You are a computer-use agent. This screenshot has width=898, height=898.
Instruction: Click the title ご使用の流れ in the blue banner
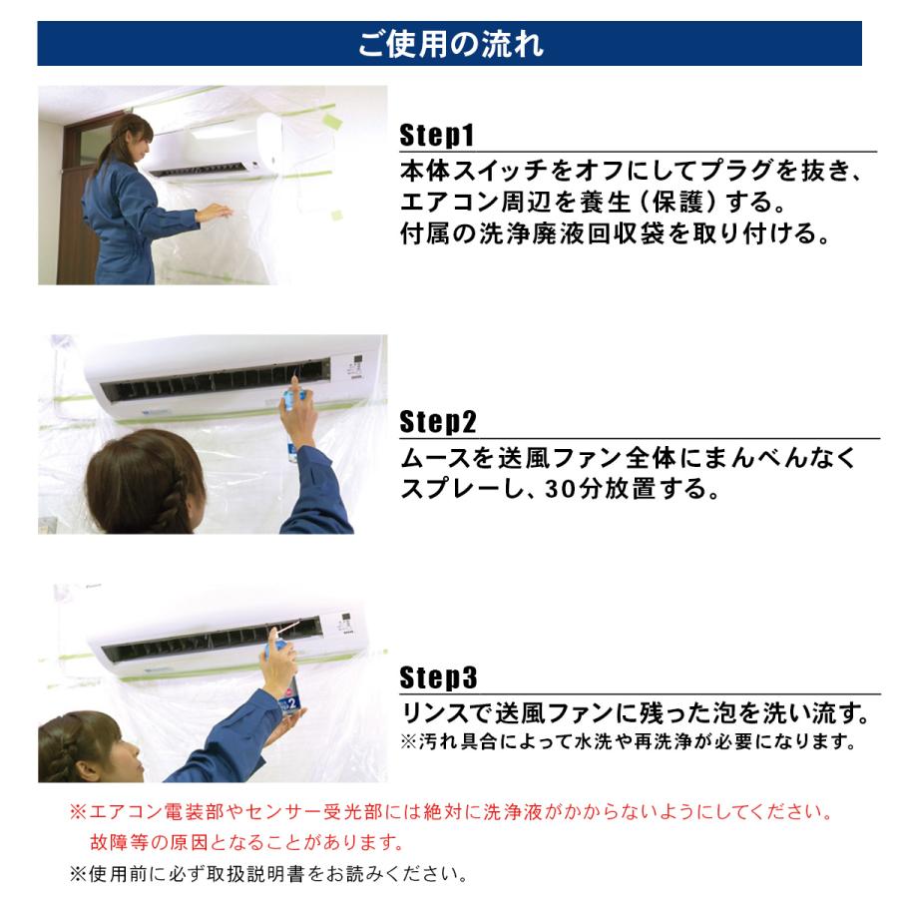449,45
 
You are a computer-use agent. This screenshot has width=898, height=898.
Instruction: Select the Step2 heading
438,422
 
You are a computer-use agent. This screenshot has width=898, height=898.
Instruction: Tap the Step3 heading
438,678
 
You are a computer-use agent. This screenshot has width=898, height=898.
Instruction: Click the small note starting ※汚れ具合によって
629,742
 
